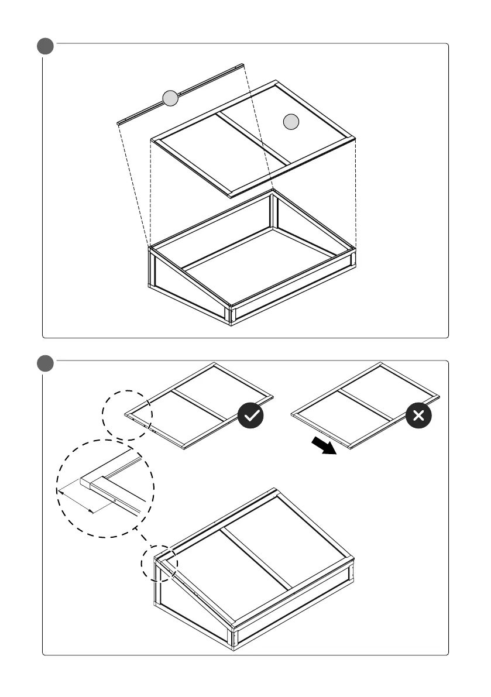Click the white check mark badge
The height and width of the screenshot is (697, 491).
[250, 416]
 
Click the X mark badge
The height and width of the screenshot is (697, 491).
[418, 416]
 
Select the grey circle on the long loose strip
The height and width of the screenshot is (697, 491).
[170, 98]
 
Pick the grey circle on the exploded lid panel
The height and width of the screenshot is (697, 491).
[291, 122]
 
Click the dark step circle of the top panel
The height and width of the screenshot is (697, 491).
[45, 46]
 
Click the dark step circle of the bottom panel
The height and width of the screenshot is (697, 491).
[45, 363]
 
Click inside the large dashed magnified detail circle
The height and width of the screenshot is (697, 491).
[105, 489]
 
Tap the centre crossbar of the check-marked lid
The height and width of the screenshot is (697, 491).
[200, 405]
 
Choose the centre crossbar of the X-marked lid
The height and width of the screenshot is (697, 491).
[365, 404]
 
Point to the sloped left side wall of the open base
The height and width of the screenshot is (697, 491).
[187, 284]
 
